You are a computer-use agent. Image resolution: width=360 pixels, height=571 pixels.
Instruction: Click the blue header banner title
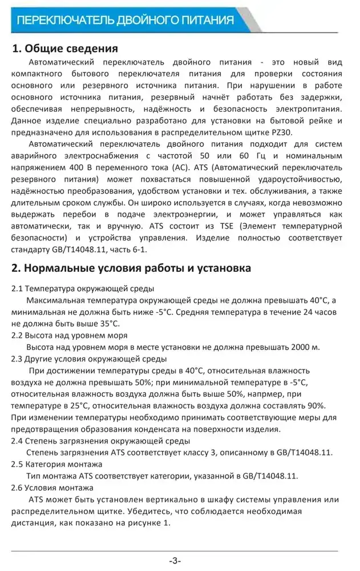click(126, 21)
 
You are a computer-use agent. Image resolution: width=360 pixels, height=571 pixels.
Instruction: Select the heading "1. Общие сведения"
click(65, 48)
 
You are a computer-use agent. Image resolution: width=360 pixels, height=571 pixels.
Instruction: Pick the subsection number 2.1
click(17, 288)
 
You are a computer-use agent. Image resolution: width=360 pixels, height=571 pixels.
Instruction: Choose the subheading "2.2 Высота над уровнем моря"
click(70, 335)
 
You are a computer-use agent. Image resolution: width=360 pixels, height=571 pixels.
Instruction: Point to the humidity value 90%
click(315, 405)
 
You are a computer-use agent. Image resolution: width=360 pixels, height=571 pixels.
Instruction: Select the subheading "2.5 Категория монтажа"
click(57, 464)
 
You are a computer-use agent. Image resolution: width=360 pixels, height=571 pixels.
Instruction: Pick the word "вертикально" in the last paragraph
click(148, 500)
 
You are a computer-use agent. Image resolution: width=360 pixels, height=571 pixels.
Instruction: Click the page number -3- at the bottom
click(175, 560)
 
